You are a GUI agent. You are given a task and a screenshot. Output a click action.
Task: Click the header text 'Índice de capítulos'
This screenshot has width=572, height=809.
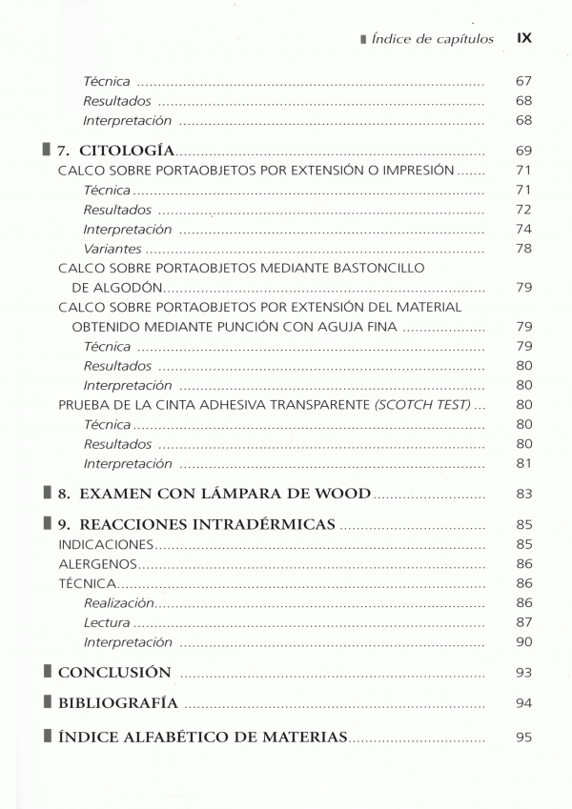click(433, 39)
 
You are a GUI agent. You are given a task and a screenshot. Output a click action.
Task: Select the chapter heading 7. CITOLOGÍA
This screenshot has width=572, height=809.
click(115, 151)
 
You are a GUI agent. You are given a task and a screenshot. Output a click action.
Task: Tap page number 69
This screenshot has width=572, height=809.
click(522, 151)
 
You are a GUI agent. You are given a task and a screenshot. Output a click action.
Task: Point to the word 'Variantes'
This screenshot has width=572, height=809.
click(112, 249)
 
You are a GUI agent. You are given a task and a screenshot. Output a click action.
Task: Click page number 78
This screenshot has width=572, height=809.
click(522, 249)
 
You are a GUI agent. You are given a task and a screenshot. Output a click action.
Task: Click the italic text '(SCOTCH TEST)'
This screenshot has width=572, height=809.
click(422, 405)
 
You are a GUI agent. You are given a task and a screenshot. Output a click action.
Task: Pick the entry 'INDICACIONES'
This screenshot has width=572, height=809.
click(106, 544)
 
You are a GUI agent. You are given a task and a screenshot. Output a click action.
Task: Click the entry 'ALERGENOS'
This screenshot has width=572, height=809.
click(96, 564)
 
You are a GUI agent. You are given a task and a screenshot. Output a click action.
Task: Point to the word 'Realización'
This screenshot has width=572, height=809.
click(118, 603)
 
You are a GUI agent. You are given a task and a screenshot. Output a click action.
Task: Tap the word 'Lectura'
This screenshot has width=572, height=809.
click(107, 623)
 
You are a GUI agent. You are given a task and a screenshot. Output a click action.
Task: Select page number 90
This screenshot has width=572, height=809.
click(522, 642)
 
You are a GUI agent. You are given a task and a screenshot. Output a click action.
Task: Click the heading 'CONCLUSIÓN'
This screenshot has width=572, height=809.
click(114, 673)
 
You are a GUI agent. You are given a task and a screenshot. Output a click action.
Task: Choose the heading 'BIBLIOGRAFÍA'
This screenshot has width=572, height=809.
click(118, 703)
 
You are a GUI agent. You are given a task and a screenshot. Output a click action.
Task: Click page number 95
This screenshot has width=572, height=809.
click(522, 737)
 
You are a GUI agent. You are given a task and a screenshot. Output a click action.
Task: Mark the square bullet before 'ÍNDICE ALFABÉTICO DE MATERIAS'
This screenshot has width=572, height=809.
click(48, 737)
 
